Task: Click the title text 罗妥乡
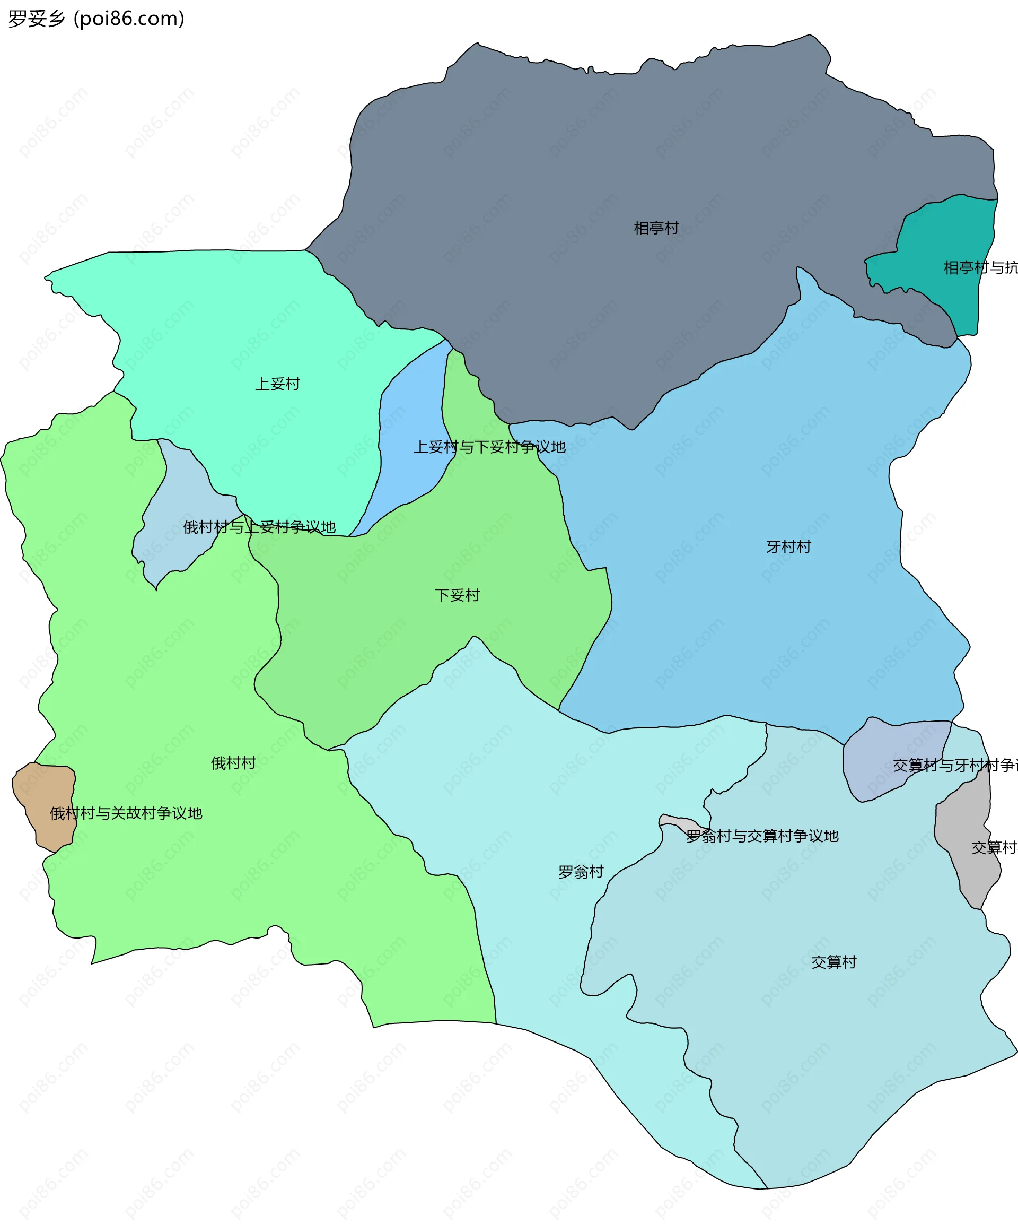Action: [x=36, y=19]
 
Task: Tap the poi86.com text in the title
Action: [x=129, y=19]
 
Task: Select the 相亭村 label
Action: [x=656, y=228]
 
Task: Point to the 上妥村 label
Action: [x=277, y=384]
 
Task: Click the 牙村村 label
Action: [x=788, y=546]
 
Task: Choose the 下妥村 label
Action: [x=457, y=595]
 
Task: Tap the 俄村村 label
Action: [x=233, y=763]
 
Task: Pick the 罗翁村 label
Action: [x=581, y=872]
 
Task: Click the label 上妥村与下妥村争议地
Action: [x=489, y=447]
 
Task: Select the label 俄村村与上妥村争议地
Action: [x=259, y=527]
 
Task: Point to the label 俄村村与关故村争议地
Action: [x=126, y=813]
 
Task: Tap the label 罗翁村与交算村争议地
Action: [x=762, y=836]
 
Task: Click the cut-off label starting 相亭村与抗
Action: [x=980, y=267]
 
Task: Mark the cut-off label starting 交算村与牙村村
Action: [x=955, y=765]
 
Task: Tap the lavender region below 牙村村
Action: [x=880, y=769]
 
